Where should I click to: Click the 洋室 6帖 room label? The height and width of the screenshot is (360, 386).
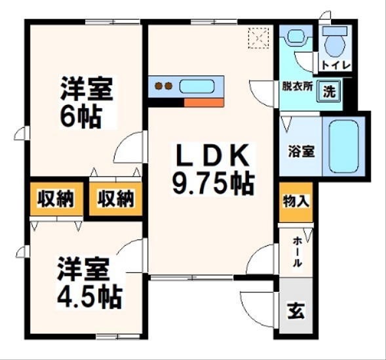(88, 103)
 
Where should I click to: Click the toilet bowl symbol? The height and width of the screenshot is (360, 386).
(336, 44)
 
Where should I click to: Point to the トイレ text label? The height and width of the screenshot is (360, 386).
(336, 66)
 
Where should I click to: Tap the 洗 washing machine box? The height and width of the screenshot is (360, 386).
(330, 91)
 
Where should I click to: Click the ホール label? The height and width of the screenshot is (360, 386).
(296, 252)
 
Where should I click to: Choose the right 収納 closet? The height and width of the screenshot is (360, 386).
(116, 199)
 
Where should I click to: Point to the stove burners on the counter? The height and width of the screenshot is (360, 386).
(163, 87)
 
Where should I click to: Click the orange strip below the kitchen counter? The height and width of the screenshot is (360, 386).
(204, 102)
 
